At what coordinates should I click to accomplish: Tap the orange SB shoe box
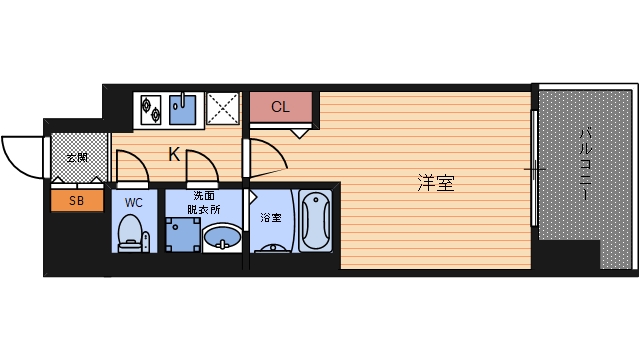[x=77, y=200]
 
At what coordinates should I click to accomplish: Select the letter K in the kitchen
[x=173, y=155]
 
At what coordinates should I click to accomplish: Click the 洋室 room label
[x=436, y=183]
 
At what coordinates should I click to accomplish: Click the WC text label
[x=131, y=202]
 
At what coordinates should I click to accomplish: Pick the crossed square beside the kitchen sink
[x=221, y=108]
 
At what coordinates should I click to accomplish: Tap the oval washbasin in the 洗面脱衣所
[x=222, y=238]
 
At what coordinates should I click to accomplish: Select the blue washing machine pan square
[x=183, y=235]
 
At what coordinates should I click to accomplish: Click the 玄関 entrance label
[x=77, y=158]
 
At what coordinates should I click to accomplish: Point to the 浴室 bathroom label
[x=271, y=217]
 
